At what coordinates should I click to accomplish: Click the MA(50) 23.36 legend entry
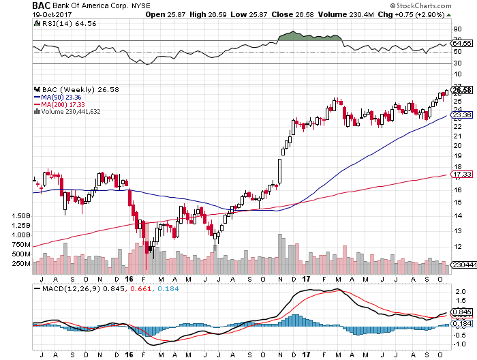[x=56, y=97]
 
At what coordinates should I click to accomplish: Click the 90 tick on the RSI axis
[x=457, y=29]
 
